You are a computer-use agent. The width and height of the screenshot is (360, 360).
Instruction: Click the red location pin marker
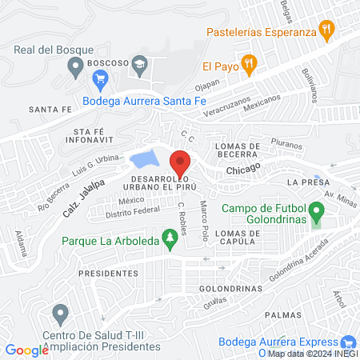click(x=181, y=162)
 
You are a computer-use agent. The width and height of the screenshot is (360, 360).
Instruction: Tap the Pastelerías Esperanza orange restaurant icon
click(x=326, y=33)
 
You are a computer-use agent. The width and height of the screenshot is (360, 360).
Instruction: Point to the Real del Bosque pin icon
click(x=76, y=70)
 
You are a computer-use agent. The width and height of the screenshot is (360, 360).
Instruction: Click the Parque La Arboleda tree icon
click(x=169, y=238)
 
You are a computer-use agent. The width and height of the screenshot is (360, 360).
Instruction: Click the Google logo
click(x=26, y=350)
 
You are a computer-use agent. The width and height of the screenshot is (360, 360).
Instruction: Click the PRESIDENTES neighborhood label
click(x=110, y=273)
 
